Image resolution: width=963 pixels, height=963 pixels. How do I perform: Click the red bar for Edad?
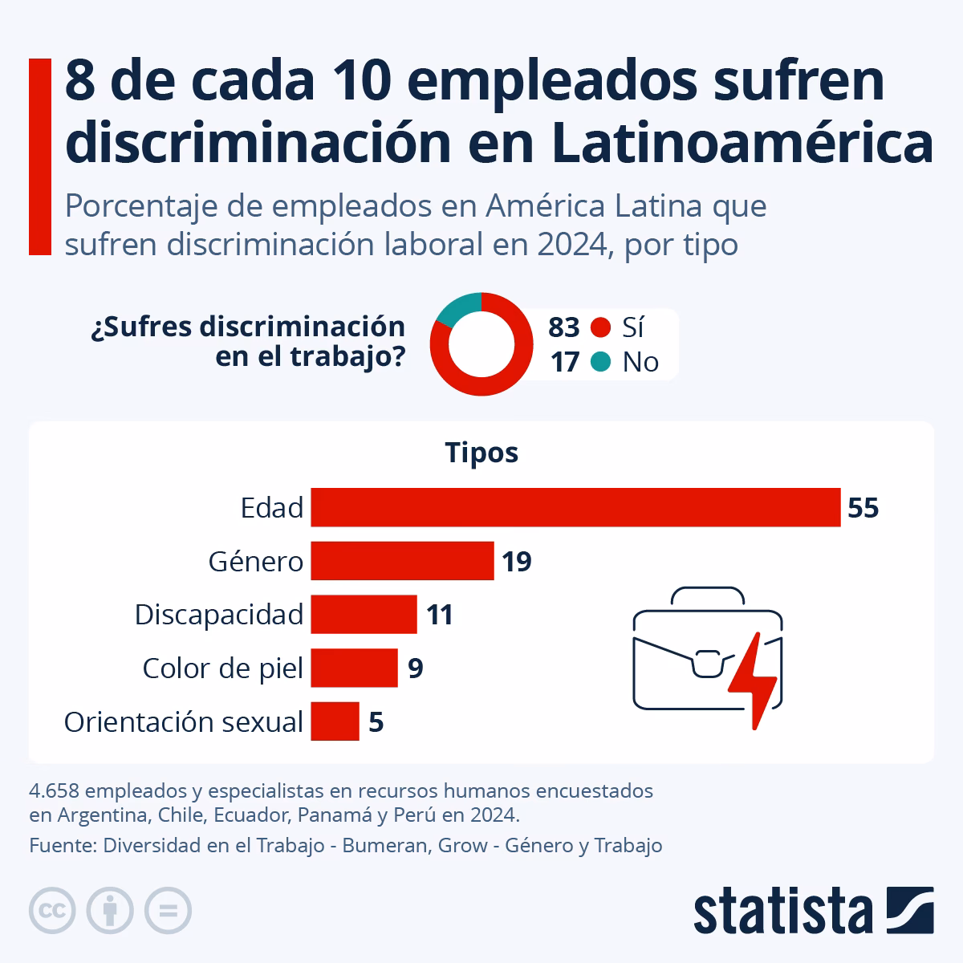point(575,507)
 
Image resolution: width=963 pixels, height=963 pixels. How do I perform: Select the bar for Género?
point(402,561)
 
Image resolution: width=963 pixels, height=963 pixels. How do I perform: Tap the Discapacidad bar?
point(364,615)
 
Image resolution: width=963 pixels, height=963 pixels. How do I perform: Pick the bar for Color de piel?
point(354,668)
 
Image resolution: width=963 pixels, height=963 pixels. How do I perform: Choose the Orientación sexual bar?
point(335,721)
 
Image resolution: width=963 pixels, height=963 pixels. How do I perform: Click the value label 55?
point(863,508)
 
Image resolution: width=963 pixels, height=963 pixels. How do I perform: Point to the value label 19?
point(517,562)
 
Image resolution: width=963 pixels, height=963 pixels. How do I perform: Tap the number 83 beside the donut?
point(563,327)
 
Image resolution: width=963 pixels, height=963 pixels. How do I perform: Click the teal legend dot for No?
point(600,362)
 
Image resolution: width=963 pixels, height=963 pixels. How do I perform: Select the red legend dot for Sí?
point(600,327)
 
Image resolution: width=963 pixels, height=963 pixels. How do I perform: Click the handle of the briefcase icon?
point(708,595)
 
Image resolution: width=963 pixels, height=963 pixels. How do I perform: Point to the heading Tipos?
point(481,453)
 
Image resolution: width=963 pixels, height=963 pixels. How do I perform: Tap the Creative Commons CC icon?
point(52,911)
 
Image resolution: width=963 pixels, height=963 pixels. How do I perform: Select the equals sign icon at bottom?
point(168,911)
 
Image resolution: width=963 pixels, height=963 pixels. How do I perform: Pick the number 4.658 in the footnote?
point(54,790)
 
